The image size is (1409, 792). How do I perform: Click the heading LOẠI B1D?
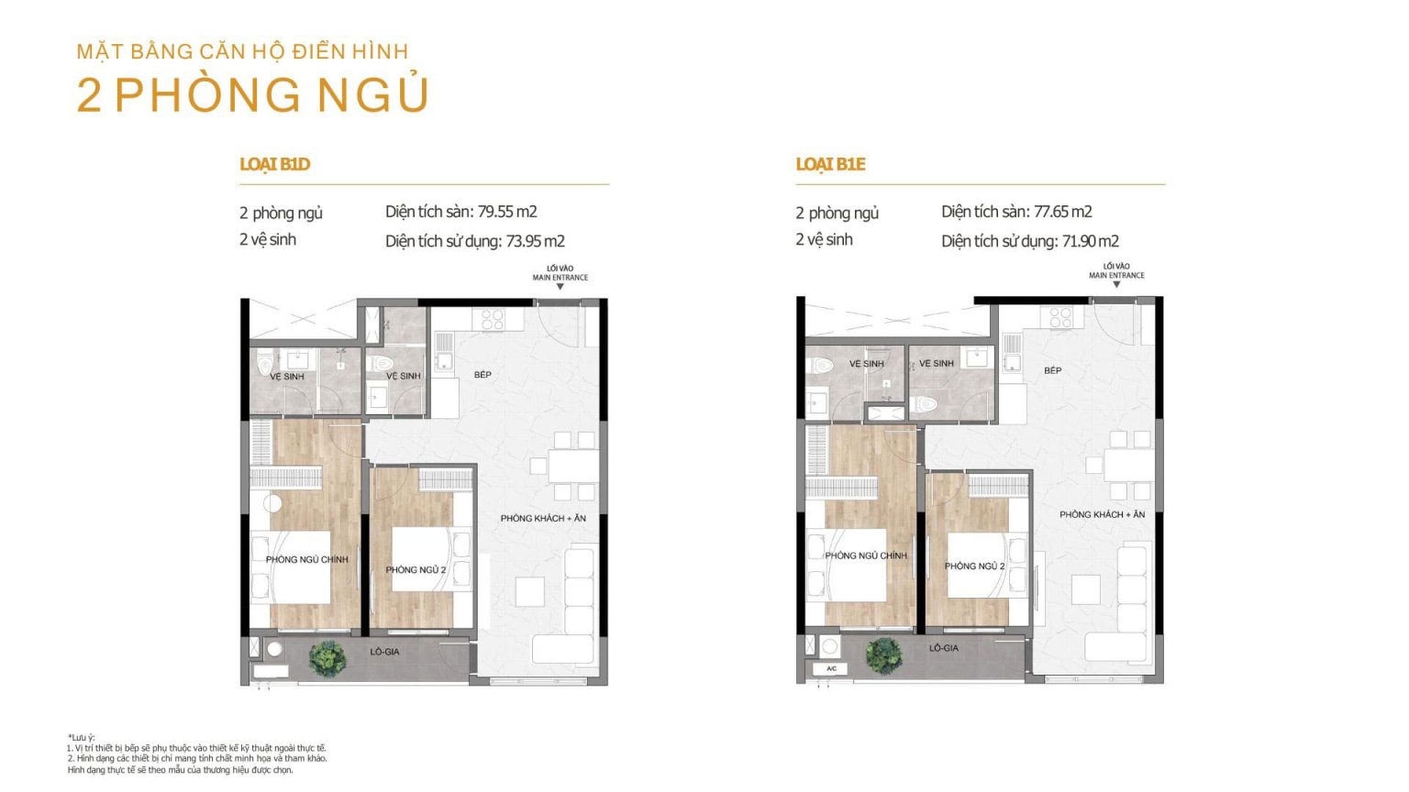click(x=275, y=165)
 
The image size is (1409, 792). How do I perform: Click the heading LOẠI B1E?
click(x=830, y=165)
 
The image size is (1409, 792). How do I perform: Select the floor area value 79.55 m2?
click(x=507, y=212)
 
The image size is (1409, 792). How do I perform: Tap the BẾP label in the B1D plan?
click(x=483, y=375)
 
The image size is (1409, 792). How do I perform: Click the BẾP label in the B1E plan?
click(x=1052, y=371)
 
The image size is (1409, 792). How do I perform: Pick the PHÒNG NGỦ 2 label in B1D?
click(x=416, y=570)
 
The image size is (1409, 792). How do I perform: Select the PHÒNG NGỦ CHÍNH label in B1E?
click(x=866, y=555)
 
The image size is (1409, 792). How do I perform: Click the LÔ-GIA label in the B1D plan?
click(x=384, y=652)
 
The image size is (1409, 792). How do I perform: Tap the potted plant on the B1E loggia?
click(x=883, y=655)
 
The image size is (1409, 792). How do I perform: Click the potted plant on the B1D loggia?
click(x=327, y=659)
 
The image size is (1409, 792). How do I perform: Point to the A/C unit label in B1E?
click(x=831, y=669)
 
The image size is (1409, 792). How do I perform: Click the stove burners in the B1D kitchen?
click(x=493, y=319)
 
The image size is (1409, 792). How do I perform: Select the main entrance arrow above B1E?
click(x=1116, y=285)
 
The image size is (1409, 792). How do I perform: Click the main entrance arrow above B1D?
click(x=560, y=287)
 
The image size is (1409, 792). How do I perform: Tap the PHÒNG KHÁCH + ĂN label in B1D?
click(x=543, y=519)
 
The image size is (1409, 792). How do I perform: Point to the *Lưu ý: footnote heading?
click(x=81, y=737)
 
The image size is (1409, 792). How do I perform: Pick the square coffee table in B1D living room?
click(x=529, y=592)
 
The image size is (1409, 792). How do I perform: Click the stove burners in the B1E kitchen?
click(x=1061, y=317)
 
